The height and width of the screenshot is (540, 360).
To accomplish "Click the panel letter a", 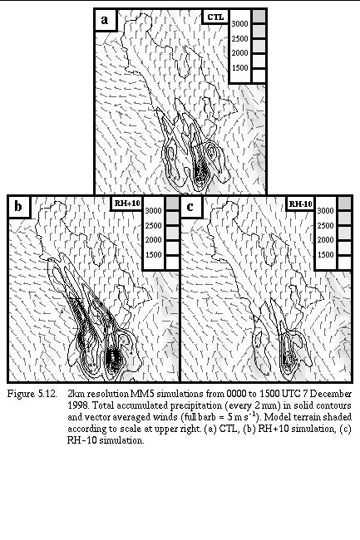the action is pos(105,20).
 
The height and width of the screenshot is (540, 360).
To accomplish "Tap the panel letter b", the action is pos(18,207).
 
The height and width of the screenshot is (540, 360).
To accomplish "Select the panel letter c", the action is pos(190,207).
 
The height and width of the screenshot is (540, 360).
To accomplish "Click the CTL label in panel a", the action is pos(215,17).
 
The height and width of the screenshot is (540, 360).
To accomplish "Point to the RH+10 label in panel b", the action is pos(127,204).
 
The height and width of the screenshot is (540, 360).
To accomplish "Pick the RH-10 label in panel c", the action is pos(300,204).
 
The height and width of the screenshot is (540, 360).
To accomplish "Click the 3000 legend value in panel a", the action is pos(239,24).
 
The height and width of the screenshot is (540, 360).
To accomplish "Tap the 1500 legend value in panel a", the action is pos(239,68).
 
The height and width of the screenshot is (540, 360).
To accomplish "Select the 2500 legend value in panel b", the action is pos(153,226).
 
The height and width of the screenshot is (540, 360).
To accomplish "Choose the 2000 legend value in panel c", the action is pos(325,240).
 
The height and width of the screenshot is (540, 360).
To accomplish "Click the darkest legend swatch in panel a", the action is pos(259,17).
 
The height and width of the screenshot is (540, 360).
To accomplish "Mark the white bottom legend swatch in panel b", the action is pos(173,263).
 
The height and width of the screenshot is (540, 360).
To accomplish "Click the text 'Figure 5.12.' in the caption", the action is pos(32,394).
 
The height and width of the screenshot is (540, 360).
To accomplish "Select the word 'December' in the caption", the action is pos(333,394).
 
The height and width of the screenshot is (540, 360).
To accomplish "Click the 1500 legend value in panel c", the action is pos(325,255).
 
